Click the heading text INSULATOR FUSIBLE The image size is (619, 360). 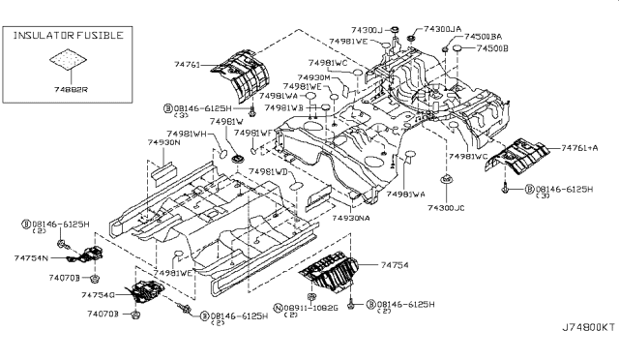coord(67,35)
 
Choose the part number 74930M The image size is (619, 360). coord(313,77)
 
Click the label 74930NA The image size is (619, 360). coord(352,219)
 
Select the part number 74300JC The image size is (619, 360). coord(446,208)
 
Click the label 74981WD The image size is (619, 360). coord(269,171)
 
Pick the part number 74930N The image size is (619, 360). coord(165,142)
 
